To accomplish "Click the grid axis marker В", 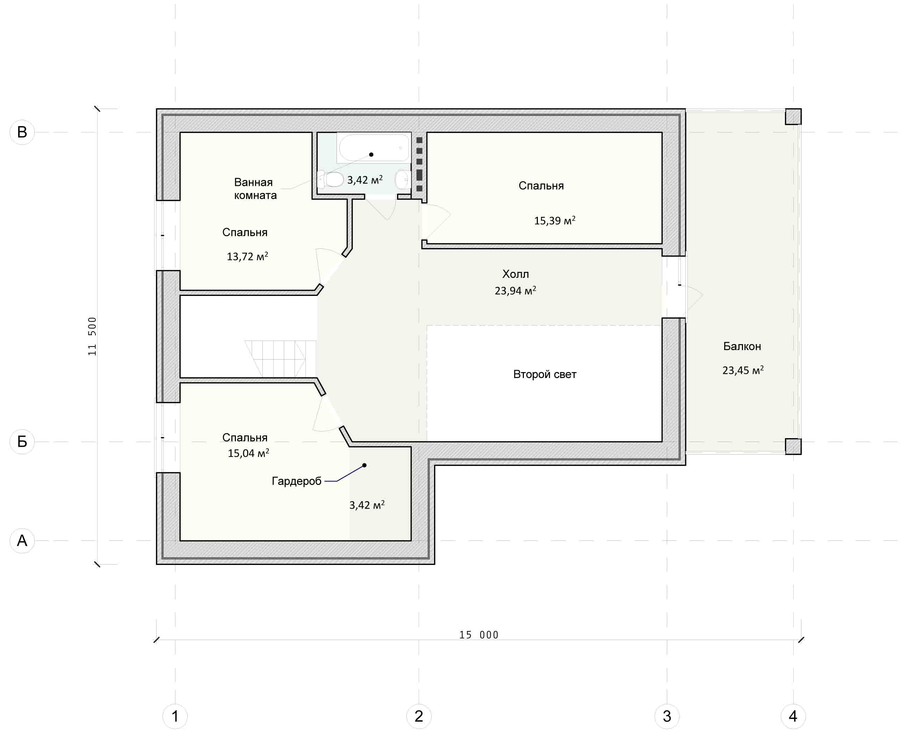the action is (x=22, y=132).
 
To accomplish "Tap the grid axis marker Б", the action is (x=22, y=442).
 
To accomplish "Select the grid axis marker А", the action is (x=22, y=540).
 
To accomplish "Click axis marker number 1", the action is (x=175, y=717).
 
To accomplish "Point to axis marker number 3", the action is (x=667, y=717).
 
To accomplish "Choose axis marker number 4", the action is (x=793, y=717).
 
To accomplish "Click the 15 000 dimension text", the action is (x=479, y=635).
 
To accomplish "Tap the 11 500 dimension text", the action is (x=92, y=336).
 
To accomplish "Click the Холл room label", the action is (x=515, y=274).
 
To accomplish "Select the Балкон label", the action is (x=742, y=346).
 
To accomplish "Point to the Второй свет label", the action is (x=545, y=375).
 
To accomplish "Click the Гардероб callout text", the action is (x=296, y=481).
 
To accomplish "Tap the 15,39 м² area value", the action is (x=555, y=220).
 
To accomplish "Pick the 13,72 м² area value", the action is (x=247, y=256).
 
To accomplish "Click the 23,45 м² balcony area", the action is (x=743, y=370).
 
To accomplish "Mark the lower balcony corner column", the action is (x=793, y=446).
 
